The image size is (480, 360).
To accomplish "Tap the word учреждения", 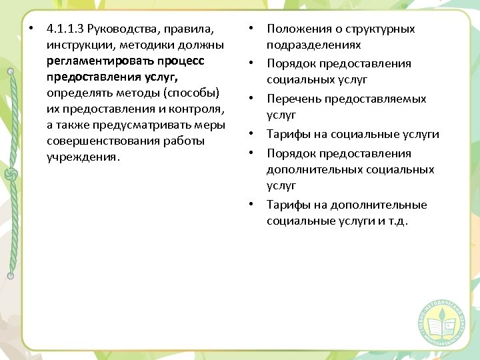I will click(x=81, y=158).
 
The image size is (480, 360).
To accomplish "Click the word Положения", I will click(x=297, y=29).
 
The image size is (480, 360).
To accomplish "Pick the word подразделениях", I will click(x=313, y=45).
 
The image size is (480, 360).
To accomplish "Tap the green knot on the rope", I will click(x=10, y=175).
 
